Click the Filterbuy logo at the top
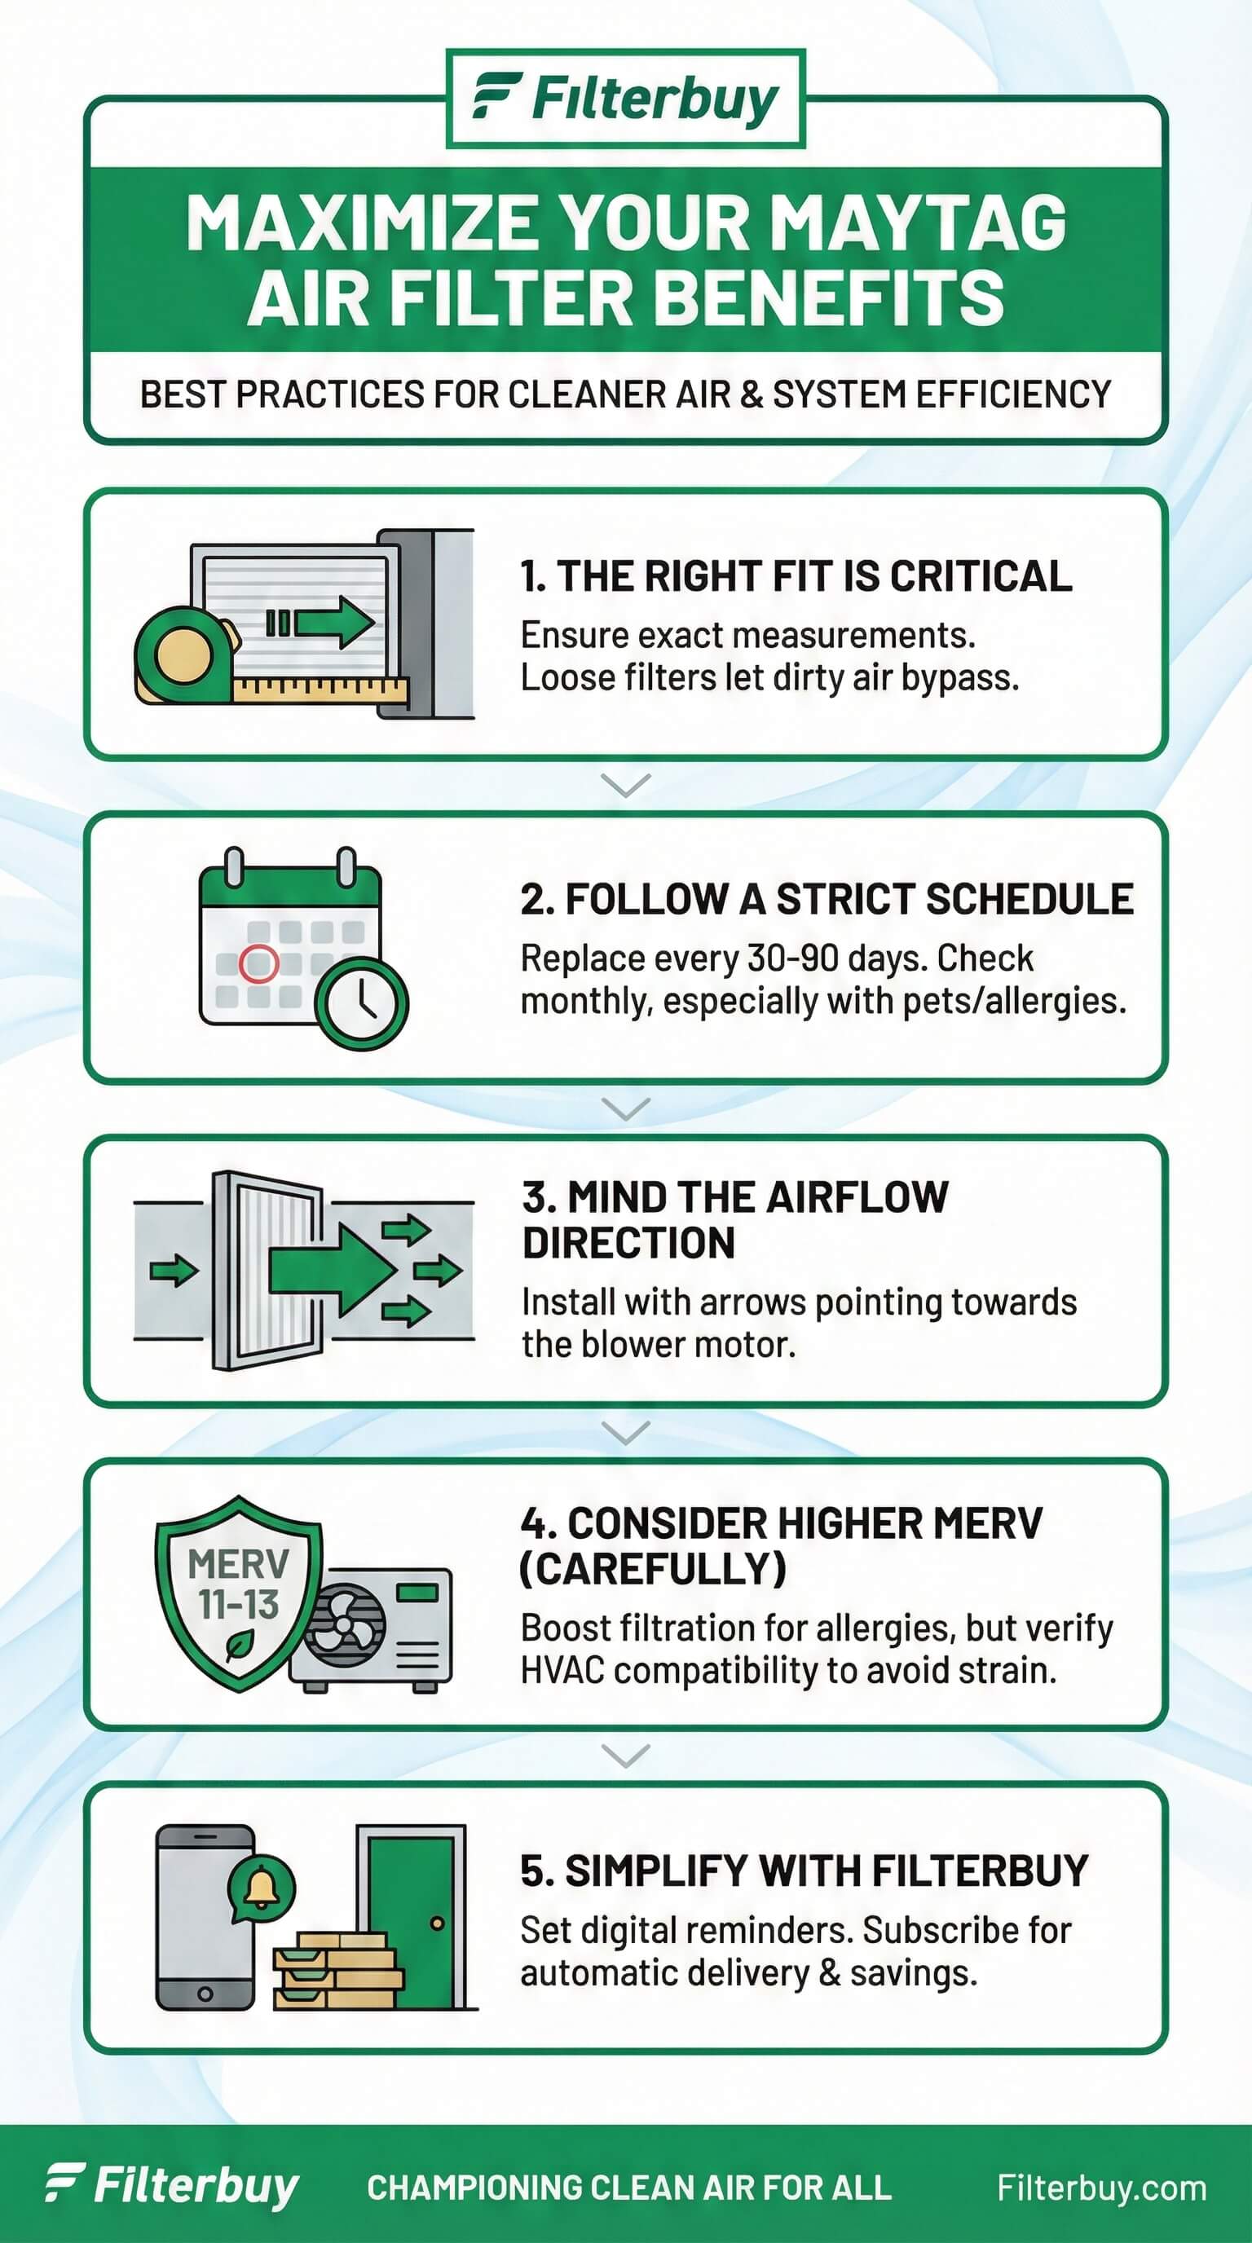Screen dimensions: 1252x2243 (625, 99)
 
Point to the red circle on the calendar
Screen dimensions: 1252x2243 (258, 963)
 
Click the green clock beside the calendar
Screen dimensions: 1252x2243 (360, 1003)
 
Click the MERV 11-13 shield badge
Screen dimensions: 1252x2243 (238, 1593)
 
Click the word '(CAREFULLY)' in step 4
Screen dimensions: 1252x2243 (653, 1569)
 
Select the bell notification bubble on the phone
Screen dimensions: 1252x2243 (260, 1888)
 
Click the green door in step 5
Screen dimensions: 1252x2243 (412, 1919)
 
